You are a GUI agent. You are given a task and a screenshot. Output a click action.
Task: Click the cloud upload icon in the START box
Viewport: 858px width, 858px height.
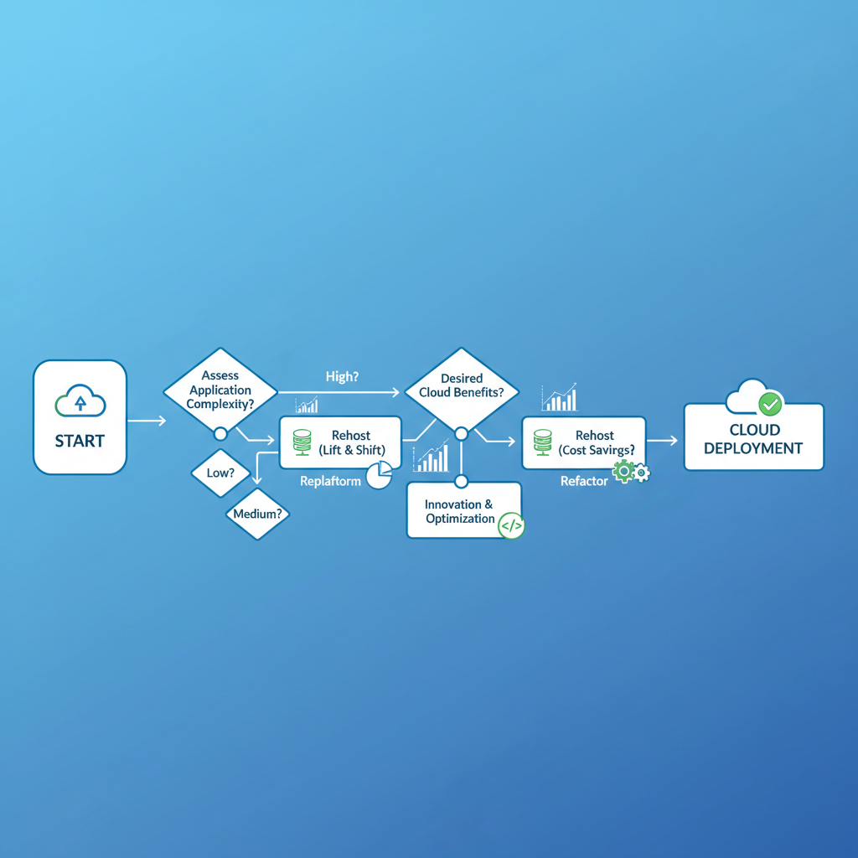[x=80, y=402]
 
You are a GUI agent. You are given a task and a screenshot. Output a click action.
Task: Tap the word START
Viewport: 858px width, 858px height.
[x=80, y=441]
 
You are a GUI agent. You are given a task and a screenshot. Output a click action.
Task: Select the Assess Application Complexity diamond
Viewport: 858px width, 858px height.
[x=220, y=390]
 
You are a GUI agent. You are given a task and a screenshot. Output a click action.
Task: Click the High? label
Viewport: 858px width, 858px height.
[x=342, y=377]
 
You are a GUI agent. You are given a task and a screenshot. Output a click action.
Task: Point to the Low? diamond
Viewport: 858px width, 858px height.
[x=220, y=473]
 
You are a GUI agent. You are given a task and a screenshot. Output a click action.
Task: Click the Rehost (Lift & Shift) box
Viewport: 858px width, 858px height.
[x=340, y=442]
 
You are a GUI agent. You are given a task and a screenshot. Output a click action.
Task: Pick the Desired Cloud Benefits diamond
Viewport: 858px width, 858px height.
[x=460, y=386]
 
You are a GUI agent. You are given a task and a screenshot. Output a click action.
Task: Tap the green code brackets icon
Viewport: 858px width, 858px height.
[x=510, y=525]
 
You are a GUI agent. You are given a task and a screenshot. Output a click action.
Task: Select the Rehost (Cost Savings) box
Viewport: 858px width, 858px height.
[x=583, y=442]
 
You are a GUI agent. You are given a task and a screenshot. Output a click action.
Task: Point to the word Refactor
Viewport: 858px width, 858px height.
[x=584, y=482]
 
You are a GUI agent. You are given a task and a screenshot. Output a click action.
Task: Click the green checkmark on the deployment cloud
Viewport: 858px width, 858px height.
[x=769, y=404]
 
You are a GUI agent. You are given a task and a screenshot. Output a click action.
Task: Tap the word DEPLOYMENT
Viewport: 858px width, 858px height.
[x=753, y=448]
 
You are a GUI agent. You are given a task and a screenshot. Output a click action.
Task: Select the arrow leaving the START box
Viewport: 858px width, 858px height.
[x=146, y=420]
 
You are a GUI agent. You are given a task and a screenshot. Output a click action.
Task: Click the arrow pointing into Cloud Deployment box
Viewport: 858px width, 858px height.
[x=663, y=439]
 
